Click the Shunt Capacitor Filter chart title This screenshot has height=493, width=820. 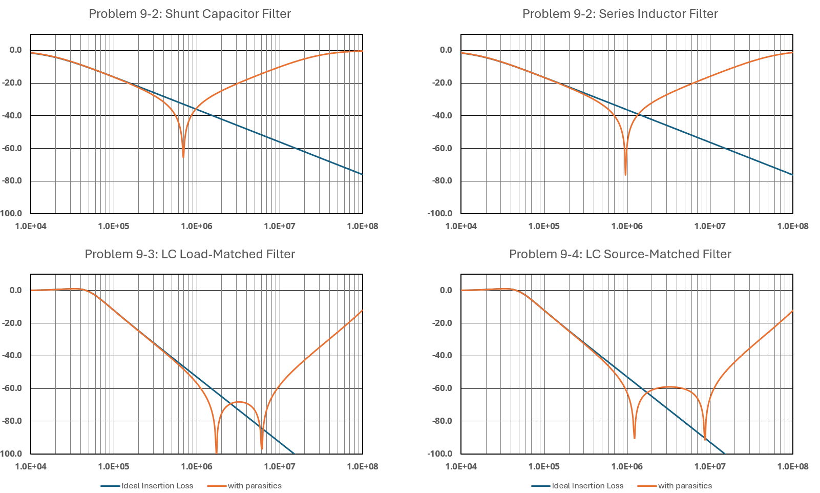pyautogui.click(x=190, y=14)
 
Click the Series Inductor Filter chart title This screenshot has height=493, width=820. pyautogui.click(x=620, y=14)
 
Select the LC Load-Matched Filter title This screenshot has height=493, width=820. pyautogui.click(x=190, y=254)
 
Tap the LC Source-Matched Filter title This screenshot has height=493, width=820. pyautogui.click(x=620, y=254)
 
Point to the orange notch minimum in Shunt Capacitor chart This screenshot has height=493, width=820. pyautogui.click(x=183, y=156)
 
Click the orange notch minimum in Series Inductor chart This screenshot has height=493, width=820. pyautogui.click(x=625, y=174)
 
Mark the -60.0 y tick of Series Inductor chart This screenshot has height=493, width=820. pyautogui.click(x=442, y=148)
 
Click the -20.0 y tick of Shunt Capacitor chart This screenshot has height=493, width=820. pyautogui.click(x=12, y=83)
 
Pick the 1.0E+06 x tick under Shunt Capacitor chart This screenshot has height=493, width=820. pyautogui.click(x=197, y=226)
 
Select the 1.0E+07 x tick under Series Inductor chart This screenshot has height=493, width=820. pyautogui.click(x=710, y=226)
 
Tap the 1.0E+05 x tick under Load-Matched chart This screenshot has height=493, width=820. pyautogui.click(x=114, y=466)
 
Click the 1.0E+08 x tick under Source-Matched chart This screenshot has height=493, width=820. pyautogui.click(x=793, y=466)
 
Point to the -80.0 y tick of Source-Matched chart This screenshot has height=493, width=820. pyautogui.click(x=442, y=421)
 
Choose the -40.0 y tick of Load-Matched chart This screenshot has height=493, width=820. pyautogui.click(x=12, y=355)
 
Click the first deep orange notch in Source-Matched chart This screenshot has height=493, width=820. pyautogui.click(x=635, y=437)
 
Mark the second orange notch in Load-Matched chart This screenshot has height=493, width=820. pyautogui.click(x=262, y=448)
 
